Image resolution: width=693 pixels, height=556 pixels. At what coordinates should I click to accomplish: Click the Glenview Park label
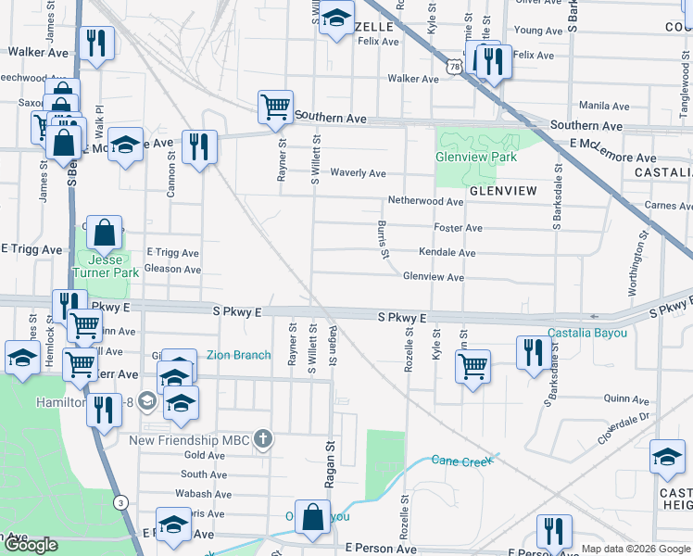pos(475,157)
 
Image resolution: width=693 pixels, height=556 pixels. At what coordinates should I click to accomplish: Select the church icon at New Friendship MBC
pos(263,439)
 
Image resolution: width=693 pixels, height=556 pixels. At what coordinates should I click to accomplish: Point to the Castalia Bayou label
pos(586,333)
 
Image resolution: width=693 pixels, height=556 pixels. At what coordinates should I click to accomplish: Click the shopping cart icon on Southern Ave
pos(275,107)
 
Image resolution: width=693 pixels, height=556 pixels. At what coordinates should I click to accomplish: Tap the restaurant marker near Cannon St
pos(199,145)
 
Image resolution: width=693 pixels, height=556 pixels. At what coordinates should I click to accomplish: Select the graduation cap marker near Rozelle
pos(336,17)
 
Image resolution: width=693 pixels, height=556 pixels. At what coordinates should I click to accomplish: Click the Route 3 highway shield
pos(120,502)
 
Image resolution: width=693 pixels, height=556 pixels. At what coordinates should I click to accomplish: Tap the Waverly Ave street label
pos(359,173)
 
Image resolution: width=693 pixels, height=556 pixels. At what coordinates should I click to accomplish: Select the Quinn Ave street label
pos(626,399)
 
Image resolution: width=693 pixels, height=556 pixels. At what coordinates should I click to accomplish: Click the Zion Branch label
pos(238,355)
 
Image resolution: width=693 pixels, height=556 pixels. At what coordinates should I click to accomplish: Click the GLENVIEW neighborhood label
pos(503,190)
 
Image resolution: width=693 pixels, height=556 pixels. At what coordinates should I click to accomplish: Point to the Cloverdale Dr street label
pos(625,428)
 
